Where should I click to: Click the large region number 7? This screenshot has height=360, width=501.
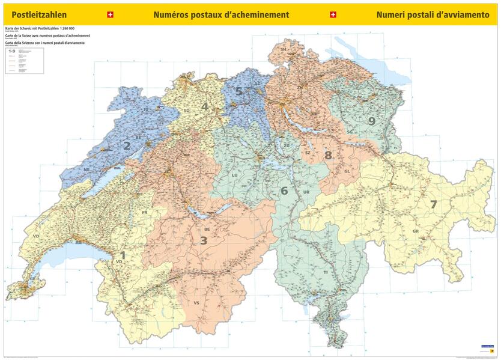pyautogui.click(x=433, y=204)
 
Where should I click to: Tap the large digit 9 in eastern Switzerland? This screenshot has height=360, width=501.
pyautogui.click(x=372, y=121)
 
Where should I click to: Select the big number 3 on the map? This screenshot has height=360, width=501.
pyautogui.click(x=204, y=241)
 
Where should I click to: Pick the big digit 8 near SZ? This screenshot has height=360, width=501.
pyautogui.click(x=328, y=155)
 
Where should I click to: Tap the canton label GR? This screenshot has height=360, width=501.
pyautogui.click(x=415, y=231)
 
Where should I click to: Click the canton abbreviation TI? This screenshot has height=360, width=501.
pyautogui.click(x=326, y=272)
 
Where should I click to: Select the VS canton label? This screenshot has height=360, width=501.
pyautogui.click(x=196, y=303)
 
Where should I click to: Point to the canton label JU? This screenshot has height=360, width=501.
pyautogui.click(x=145, y=110)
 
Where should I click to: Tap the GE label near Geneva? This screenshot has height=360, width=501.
pyautogui.click(x=34, y=279)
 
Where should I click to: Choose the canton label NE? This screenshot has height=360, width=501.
pyautogui.click(x=87, y=170)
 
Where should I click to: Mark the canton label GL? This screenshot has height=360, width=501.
pyautogui.click(x=347, y=171)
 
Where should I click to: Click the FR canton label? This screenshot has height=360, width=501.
pyautogui.click(x=144, y=213)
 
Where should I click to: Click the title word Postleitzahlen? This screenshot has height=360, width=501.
pyautogui.click(x=35, y=14)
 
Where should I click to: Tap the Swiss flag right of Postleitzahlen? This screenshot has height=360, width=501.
pyautogui.click(x=109, y=14)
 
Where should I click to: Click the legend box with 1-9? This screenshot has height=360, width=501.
pyautogui.click(x=24, y=61)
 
